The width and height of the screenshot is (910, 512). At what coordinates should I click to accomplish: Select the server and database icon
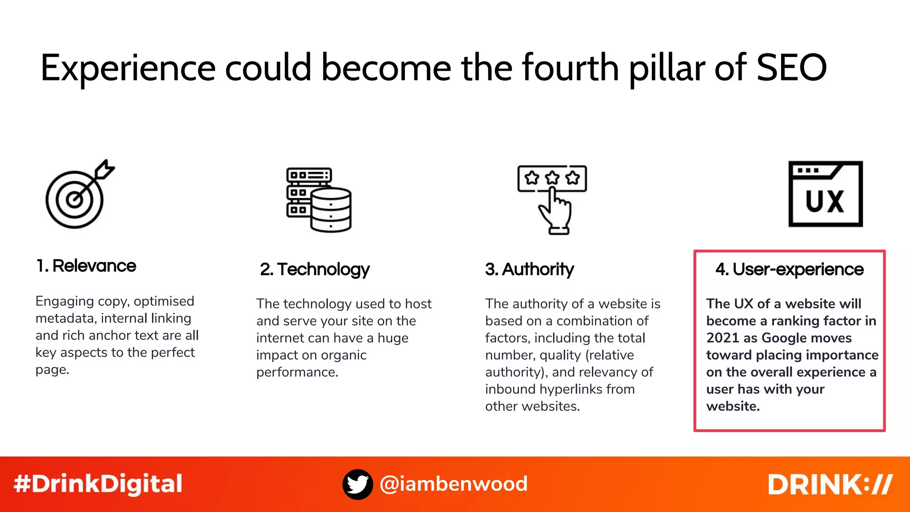tap(319, 200)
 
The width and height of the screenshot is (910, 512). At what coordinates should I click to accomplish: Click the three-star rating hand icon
tap(552, 199)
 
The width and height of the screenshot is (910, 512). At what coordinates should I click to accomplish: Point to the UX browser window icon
tap(825, 194)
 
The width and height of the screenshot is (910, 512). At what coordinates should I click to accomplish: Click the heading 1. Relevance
tap(86, 266)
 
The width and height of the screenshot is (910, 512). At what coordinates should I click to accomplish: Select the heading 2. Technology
tap(315, 269)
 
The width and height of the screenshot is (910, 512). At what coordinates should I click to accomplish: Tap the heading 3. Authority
tap(529, 269)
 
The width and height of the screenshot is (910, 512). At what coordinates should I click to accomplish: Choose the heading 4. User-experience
tap(789, 269)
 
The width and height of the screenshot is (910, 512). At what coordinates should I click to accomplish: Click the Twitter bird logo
tap(358, 484)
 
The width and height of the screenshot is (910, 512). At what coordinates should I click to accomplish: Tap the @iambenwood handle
tap(454, 484)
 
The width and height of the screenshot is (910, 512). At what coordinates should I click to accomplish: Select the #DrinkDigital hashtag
tap(98, 484)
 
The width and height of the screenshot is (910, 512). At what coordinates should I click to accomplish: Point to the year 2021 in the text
tap(722, 338)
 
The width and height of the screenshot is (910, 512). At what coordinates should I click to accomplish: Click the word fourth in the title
tap(570, 68)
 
